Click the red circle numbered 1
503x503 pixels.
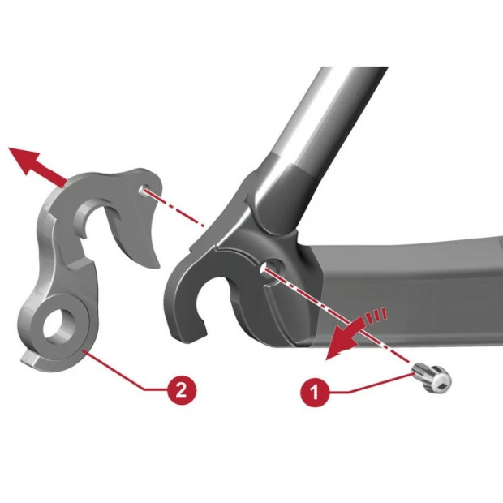(315, 392)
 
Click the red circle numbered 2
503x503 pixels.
(182, 389)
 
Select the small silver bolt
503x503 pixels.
(432, 378)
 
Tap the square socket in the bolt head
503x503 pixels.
(441, 382)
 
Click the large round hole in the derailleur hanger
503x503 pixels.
(59, 327)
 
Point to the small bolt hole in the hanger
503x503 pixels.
(143, 189)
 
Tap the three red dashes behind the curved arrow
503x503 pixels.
(375, 315)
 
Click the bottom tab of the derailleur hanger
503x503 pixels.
(31, 358)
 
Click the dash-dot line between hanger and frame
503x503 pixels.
(174, 208)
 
